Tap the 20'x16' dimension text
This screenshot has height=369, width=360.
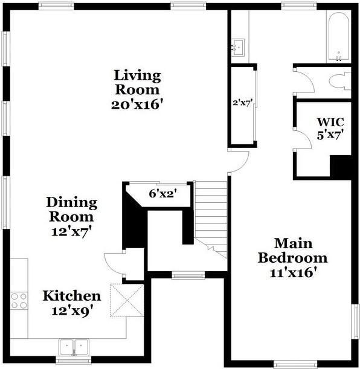pos(138,104)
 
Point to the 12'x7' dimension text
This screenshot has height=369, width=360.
pos(72,230)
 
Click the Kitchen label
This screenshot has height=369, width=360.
pos(71,296)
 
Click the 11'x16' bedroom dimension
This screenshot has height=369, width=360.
pos(293,272)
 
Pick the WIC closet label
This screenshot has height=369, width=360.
pos(330,121)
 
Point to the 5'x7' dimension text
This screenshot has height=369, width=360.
pos(330,135)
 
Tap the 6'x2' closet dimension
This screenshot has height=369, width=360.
pos(161,194)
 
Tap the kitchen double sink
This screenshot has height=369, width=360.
pos(73,347)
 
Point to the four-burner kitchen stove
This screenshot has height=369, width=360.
pos(19,300)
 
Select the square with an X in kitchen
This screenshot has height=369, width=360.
pos(125,300)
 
